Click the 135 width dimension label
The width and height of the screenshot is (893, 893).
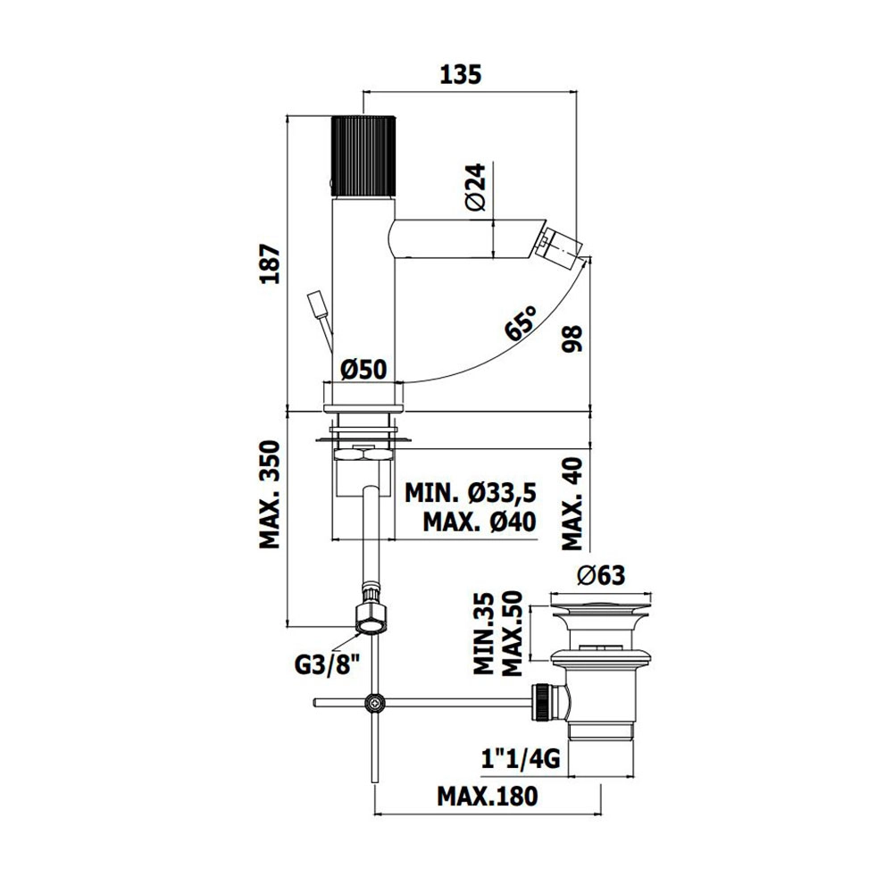click(461, 75)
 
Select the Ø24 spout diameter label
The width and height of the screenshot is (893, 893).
click(476, 187)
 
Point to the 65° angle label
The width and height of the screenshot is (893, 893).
click(520, 323)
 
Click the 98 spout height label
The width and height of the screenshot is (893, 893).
click(572, 338)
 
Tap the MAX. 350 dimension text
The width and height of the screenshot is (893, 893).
click(271, 495)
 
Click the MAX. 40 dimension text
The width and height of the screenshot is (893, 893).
click(573, 504)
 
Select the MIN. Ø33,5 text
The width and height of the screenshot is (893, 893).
click(471, 493)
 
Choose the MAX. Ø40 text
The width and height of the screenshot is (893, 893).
click(480, 522)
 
